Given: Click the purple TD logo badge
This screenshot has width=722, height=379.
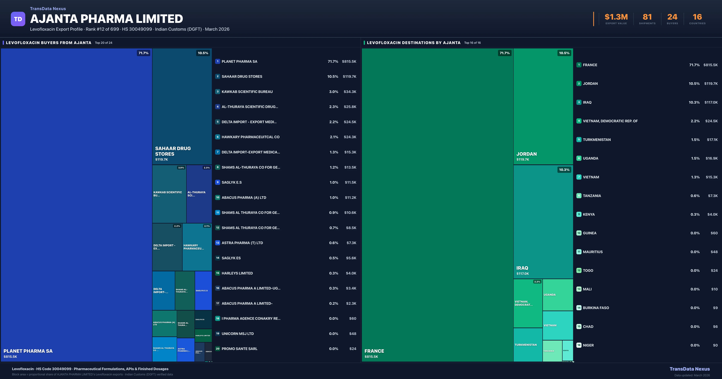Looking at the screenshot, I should pyautogui.click(x=18, y=19).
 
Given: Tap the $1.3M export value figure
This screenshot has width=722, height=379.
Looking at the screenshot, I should pyautogui.click(x=616, y=17).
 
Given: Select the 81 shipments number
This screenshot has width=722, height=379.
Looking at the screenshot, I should pyautogui.click(x=647, y=17).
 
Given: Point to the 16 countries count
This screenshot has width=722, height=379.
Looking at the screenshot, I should pyautogui.click(x=697, y=17).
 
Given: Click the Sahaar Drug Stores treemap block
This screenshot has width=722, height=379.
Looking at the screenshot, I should pyautogui.click(x=182, y=106).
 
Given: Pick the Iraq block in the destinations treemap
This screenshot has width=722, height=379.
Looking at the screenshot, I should pyautogui.click(x=543, y=221).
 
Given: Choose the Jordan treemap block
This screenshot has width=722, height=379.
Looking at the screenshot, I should pyautogui.click(x=543, y=106).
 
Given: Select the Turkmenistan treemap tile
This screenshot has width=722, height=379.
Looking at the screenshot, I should pyautogui.click(x=528, y=345).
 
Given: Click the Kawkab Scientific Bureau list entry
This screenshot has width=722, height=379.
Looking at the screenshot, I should pyautogui.click(x=247, y=92).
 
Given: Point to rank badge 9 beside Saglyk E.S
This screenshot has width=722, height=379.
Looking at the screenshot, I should pyautogui.click(x=218, y=182).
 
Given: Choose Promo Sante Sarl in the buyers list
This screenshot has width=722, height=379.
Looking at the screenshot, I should pyautogui.click(x=239, y=349).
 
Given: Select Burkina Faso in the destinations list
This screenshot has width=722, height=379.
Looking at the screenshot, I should pyautogui.click(x=596, y=308).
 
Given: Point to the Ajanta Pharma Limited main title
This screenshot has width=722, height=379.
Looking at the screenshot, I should pyautogui.click(x=106, y=19).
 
